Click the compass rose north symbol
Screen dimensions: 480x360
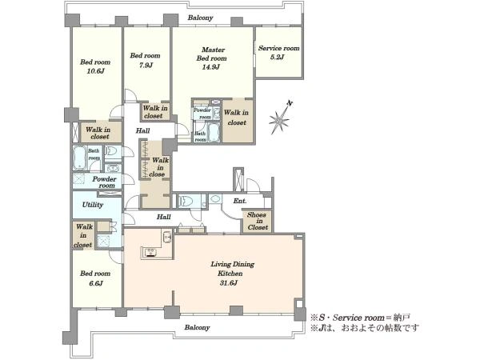[x=280, y=118]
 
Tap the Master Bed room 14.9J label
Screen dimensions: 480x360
[x=211, y=58]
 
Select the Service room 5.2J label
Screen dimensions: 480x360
[x=278, y=52]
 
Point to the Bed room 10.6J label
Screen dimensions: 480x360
[x=95, y=66]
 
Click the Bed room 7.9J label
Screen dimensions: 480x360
[x=145, y=60]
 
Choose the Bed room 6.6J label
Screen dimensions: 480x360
[x=95, y=278]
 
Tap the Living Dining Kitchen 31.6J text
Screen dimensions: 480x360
[x=232, y=274]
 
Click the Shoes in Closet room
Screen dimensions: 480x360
[x=258, y=221]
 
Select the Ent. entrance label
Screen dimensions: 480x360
[x=240, y=201]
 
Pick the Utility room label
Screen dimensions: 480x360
[x=93, y=205]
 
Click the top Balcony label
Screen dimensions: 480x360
[x=200, y=18]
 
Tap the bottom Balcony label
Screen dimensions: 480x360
[x=197, y=327]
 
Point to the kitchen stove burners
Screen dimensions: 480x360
[x=150, y=252]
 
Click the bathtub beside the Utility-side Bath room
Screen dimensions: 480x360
[x=79, y=158]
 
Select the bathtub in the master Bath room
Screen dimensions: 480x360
[x=213, y=133]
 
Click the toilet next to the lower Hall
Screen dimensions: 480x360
[x=186, y=202]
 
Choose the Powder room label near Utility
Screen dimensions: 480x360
[x=104, y=182]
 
